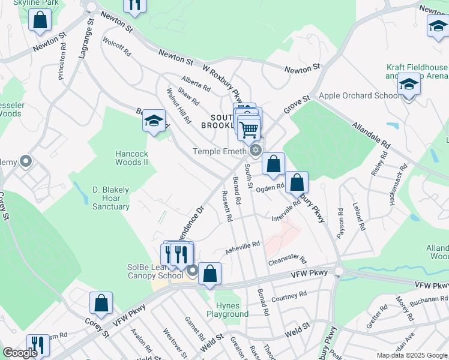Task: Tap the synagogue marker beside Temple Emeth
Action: [x=256, y=150]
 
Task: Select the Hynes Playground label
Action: [x=228, y=310]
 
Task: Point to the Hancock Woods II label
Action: [x=131, y=158]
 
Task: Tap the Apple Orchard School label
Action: [x=360, y=95]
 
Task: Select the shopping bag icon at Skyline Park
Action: [x=40, y=20]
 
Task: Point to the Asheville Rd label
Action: [x=243, y=247]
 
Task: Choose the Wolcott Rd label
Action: [x=118, y=48]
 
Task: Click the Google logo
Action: [x=20, y=353]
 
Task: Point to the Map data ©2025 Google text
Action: [x=412, y=355]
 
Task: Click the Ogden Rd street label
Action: [x=270, y=188]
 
